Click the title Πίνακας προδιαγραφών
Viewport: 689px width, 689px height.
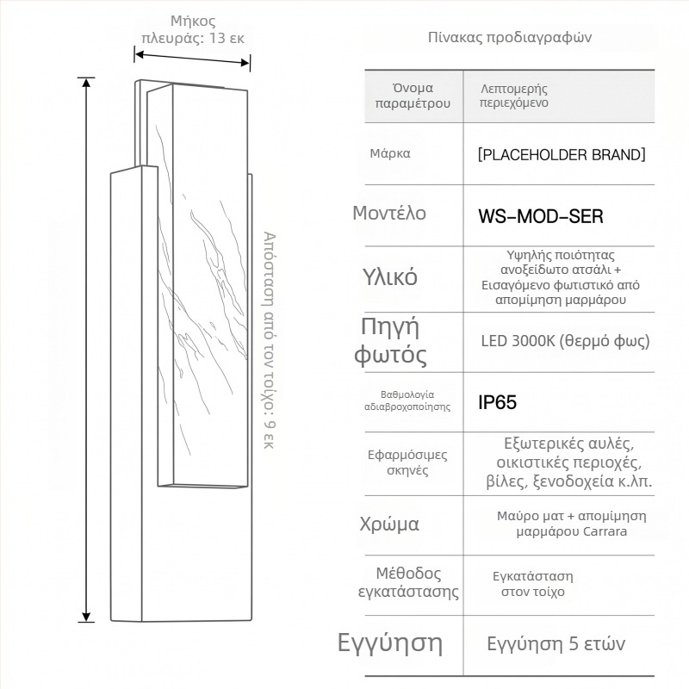coord(510,37)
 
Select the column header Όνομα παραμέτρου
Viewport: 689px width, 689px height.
coord(413,96)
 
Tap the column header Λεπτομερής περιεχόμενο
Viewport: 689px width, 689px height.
coord(514,96)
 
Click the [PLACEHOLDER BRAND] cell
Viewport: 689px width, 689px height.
coord(562,155)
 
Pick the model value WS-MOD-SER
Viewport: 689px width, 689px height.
coord(541,216)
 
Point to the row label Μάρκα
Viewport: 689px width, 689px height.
coord(390,154)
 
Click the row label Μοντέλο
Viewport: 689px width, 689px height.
coord(389,213)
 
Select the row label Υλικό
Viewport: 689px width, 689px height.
coord(390,277)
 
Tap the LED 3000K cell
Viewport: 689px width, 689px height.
coord(565,341)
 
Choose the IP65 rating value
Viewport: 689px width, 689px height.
coord(498,402)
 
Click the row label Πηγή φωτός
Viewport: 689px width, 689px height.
coord(390,340)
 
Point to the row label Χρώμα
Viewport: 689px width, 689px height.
coord(389,524)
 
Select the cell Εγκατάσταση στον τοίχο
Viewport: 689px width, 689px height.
coord(533,584)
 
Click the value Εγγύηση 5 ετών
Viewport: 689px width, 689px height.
coord(556,644)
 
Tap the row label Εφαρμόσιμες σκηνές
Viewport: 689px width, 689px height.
coord(407,462)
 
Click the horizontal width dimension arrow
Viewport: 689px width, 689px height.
coord(192,59)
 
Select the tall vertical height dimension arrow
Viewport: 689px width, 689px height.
coord(86,350)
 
